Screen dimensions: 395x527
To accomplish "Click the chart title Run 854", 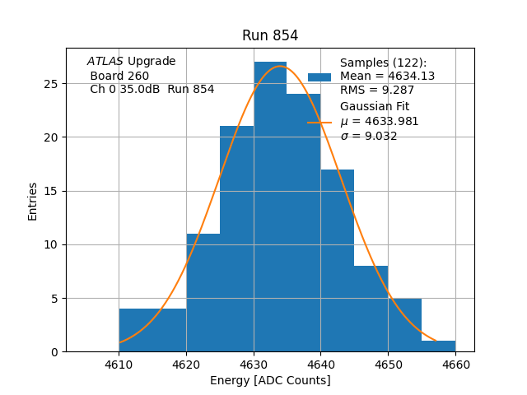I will [x=270, y=35].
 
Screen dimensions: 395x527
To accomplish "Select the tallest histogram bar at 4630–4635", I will [x=270, y=206].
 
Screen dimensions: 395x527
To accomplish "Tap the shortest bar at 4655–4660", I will [x=438, y=346].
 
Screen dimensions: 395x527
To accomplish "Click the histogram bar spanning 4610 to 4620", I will [x=152, y=330].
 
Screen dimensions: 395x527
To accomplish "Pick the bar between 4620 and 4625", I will [x=203, y=292].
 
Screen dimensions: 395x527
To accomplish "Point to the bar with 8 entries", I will [x=371, y=309].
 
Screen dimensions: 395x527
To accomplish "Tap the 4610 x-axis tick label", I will [x=119, y=365].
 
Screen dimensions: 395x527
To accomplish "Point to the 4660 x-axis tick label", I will [x=455, y=365].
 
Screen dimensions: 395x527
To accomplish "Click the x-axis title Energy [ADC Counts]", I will [x=270, y=380].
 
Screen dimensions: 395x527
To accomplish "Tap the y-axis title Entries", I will [x=33, y=202].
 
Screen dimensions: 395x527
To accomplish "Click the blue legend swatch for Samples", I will [x=319, y=77].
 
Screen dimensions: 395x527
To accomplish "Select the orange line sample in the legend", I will [x=319, y=122].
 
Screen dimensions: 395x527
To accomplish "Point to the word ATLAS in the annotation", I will [x=105, y=62].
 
